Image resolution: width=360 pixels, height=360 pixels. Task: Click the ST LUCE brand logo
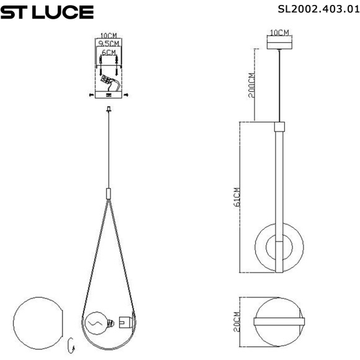coord(47,12)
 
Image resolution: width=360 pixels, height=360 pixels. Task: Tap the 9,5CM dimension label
coord(108,44)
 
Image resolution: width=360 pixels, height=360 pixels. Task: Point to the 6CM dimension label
coord(109,53)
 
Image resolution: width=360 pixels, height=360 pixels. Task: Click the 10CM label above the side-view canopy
coord(279,32)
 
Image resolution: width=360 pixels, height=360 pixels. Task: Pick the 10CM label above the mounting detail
coord(109,36)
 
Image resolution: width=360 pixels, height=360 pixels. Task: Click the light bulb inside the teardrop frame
coord(97,322)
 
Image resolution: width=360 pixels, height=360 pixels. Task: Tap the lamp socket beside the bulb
coord(123,322)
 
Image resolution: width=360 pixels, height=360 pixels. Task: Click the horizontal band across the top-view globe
coord(279,321)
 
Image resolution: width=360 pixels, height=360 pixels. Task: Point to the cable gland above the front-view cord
coord(109,110)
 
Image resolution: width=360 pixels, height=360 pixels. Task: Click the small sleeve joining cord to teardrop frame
coord(109,192)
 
